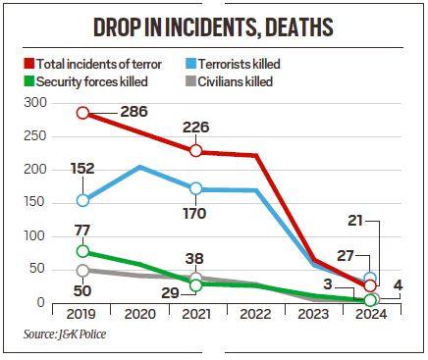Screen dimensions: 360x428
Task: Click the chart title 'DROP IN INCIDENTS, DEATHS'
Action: click(213, 26)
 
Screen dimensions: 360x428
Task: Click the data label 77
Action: click(82, 231)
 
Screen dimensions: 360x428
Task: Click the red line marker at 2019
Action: click(82, 113)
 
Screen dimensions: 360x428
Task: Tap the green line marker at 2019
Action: click(82, 251)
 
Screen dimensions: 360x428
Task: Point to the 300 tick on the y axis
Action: click(33, 103)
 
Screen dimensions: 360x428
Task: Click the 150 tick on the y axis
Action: click(33, 203)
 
